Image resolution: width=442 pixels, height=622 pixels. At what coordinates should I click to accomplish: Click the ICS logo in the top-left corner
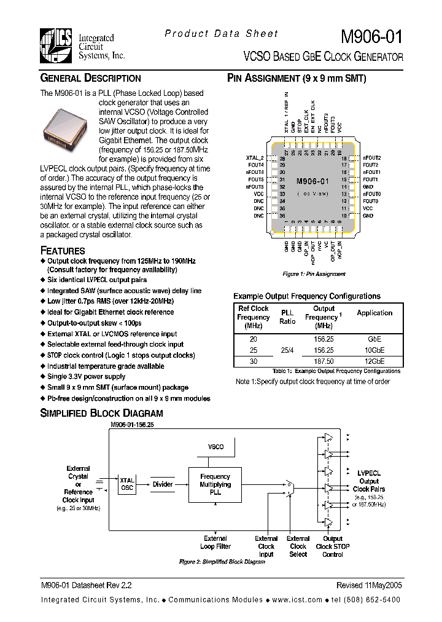coord(57,45)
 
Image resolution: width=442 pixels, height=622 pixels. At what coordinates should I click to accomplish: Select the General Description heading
coord(90,79)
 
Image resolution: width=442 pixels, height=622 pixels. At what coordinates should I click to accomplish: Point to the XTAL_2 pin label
coord(254,158)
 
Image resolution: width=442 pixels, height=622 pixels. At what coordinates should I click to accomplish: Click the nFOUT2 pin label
coord(372,158)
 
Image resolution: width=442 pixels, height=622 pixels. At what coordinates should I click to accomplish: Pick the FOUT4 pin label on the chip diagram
coord(256,165)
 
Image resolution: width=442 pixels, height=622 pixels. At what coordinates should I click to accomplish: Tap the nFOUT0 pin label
coord(372,194)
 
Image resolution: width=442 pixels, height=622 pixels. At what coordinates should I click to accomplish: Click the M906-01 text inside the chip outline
coord(312,181)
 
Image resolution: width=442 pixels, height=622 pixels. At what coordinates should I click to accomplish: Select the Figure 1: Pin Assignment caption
coord(314,274)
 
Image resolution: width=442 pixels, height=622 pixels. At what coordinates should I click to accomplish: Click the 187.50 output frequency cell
coord(324,361)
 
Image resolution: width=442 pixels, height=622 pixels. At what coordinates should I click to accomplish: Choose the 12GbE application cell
coord(374,361)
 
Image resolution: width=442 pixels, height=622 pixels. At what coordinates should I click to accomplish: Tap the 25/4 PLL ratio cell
coord(287,350)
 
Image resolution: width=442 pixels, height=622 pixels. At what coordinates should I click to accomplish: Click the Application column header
coord(374,313)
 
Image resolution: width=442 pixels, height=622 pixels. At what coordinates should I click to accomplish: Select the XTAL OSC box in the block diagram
coord(127,484)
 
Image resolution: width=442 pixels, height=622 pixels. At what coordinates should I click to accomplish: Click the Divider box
coord(163,484)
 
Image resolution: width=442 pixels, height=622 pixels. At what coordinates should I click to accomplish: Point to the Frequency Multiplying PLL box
coord(215,484)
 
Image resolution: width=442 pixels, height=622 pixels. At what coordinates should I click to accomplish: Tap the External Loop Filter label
coord(215,542)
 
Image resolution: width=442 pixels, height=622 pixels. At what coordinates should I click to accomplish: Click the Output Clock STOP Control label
coord(333,546)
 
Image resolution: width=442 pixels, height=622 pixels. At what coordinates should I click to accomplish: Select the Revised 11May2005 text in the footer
coord(369,586)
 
